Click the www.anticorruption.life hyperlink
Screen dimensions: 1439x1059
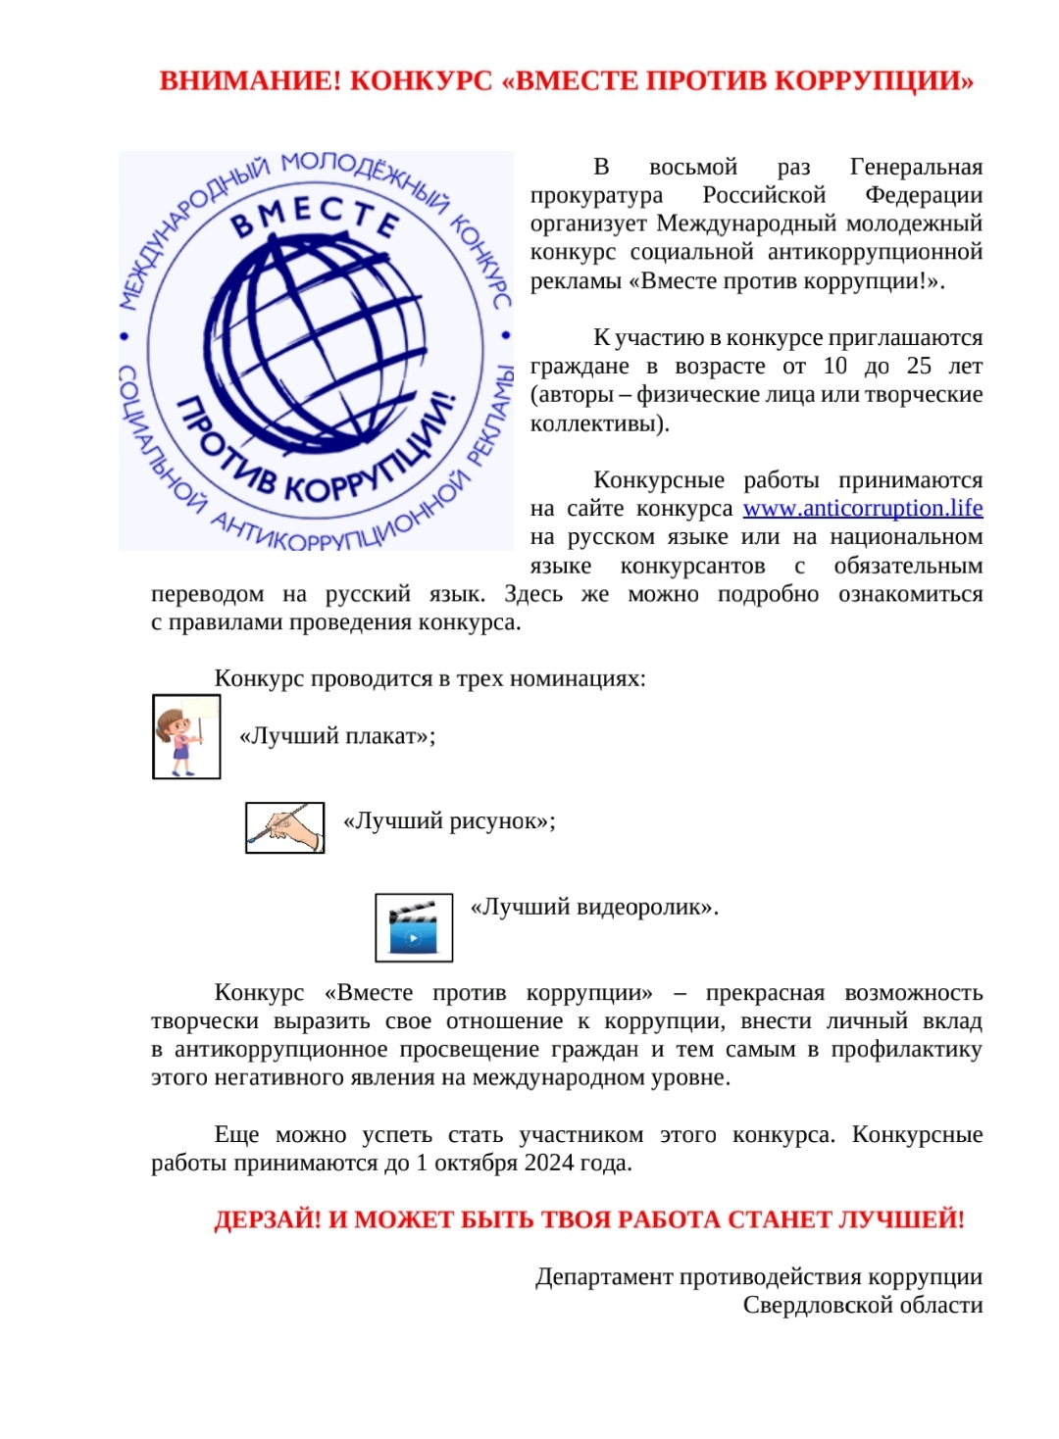pos(862,508)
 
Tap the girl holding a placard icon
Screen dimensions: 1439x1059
pos(186,736)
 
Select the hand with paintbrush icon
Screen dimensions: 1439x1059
pos(284,827)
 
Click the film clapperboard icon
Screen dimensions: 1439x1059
pos(414,927)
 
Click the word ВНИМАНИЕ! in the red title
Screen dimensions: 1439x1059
pos(250,80)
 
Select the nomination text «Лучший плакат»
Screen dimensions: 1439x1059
pos(337,736)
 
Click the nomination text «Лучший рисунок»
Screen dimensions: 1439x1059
pos(448,821)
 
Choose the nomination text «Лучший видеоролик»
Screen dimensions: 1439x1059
pos(594,908)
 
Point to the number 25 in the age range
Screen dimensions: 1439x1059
pos(919,366)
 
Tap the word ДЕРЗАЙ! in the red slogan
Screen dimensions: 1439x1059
pos(268,1219)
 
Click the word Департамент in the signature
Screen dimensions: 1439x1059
pos(604,1277)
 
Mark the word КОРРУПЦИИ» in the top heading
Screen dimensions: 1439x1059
pos(875,80)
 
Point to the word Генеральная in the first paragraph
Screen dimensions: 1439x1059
pos(916,167)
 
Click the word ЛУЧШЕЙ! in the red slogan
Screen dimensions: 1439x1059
pos(901,1219)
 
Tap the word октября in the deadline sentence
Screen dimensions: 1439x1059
pos(476,1164)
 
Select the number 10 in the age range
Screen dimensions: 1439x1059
pos(835,366)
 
